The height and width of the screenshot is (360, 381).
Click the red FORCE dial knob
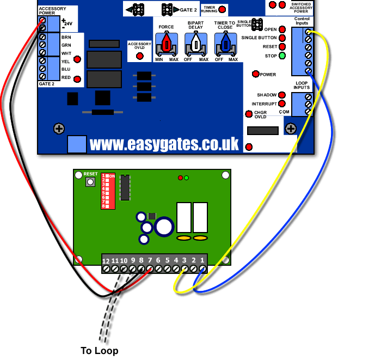(167, 43)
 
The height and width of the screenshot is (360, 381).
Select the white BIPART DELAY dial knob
(196, 43)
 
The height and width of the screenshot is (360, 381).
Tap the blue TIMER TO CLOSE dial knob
(225, 43)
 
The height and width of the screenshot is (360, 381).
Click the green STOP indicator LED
(282, 56)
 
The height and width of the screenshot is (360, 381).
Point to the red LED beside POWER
(255, 74)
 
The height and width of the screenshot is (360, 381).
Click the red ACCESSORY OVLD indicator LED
(139, 56)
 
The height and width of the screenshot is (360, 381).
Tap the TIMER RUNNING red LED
(222, 10)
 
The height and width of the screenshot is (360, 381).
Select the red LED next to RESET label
(282, 47)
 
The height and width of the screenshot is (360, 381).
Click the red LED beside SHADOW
(282, 95)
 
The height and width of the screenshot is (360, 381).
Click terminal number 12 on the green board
(106, 269)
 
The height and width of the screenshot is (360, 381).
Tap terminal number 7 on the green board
(150, 269)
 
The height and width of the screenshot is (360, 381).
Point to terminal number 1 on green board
(202, 269)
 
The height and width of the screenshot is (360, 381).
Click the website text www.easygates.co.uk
(164, 144)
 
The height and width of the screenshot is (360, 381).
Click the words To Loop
(99, 350)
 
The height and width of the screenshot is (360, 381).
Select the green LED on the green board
(187, 178)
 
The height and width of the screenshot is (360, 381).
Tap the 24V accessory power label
(67, 23)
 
